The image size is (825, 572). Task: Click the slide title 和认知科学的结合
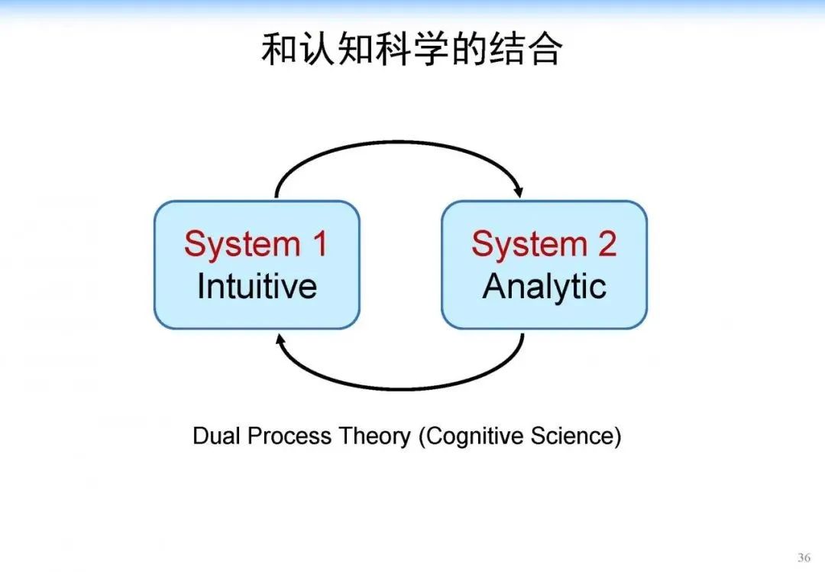click(x=412, y=50)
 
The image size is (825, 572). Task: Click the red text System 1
click(x=256, y=244)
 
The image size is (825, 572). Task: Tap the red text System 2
click(x=544, y=244)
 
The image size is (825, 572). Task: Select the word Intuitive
click(x=257, y=286)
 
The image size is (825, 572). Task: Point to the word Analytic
click(x=544, y=287)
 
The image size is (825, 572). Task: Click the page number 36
click(x=804, y=557)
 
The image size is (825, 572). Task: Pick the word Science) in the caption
click(x=582, y=436)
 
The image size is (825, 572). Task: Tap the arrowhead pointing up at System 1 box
click(x=280, y=339)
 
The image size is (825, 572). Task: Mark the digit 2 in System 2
click(x=607, y=244)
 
